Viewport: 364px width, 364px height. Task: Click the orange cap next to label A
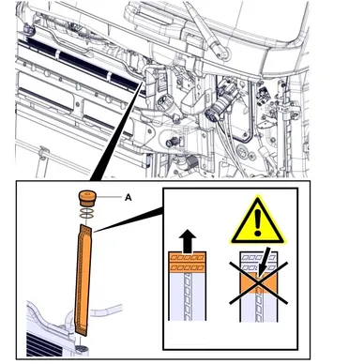tap(87, 198)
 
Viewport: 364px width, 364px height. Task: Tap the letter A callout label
tap(128, 198)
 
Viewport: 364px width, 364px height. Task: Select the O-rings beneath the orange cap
tap(86, 213)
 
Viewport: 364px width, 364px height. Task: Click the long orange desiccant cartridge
tap(83, 280)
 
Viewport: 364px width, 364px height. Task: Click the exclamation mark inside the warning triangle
tap(258, 222)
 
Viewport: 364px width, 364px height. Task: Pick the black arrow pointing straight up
tap(188, 241)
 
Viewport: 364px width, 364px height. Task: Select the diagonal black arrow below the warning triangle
tap(263, 261)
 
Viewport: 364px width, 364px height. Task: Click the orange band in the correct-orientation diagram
tap(187, 262)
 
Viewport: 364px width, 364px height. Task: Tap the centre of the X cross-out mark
tap(258, 283)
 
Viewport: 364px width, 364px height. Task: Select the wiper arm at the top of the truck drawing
tap(204, 30)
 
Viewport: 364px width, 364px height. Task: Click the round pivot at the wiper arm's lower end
tap(222, 53)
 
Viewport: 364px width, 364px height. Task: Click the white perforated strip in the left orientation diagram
tap(187, 296)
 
